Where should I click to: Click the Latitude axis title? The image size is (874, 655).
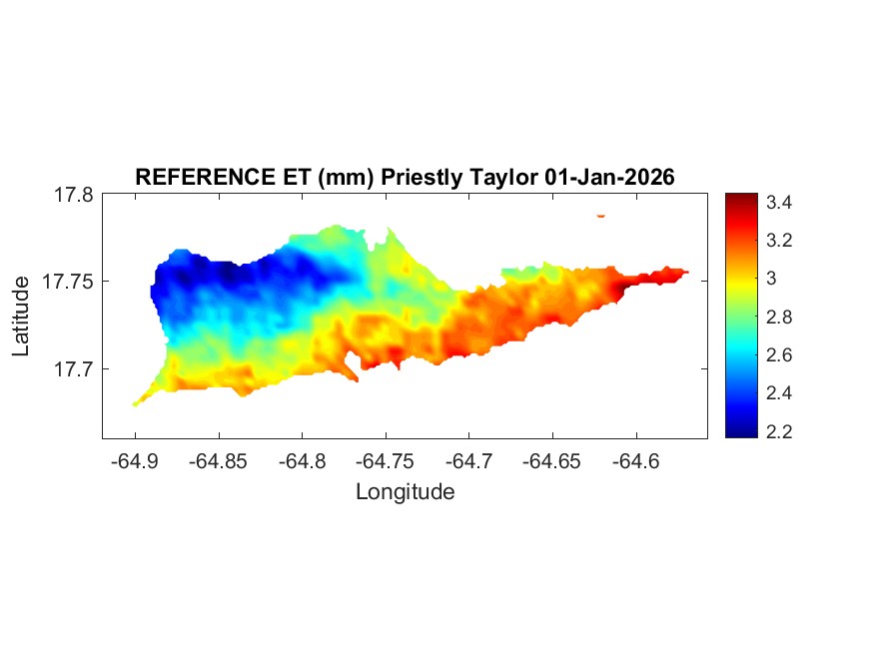coord(22,318)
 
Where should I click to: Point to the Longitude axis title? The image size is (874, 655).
coord(405,491)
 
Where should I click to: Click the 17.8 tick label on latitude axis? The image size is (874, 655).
coord(71,195)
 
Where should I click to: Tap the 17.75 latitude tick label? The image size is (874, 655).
coord(66,282)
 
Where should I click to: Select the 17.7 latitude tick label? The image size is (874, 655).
coord(71,368)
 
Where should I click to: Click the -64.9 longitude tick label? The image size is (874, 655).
coord(136,461)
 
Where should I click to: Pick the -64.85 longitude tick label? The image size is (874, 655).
coord(220,461)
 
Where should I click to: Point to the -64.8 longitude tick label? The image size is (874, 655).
coord(304,461)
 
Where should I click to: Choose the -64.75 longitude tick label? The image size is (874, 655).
coord(388,461)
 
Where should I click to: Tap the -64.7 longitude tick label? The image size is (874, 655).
coord(471,461)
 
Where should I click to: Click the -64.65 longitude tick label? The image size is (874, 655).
coord(555,461)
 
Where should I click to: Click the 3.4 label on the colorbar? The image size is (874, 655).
coord(779,203)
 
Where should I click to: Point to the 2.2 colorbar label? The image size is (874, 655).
coord(779,431)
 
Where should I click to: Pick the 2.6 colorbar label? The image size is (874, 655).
coord(779,355)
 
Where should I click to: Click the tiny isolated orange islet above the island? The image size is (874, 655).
coord(601,215)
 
